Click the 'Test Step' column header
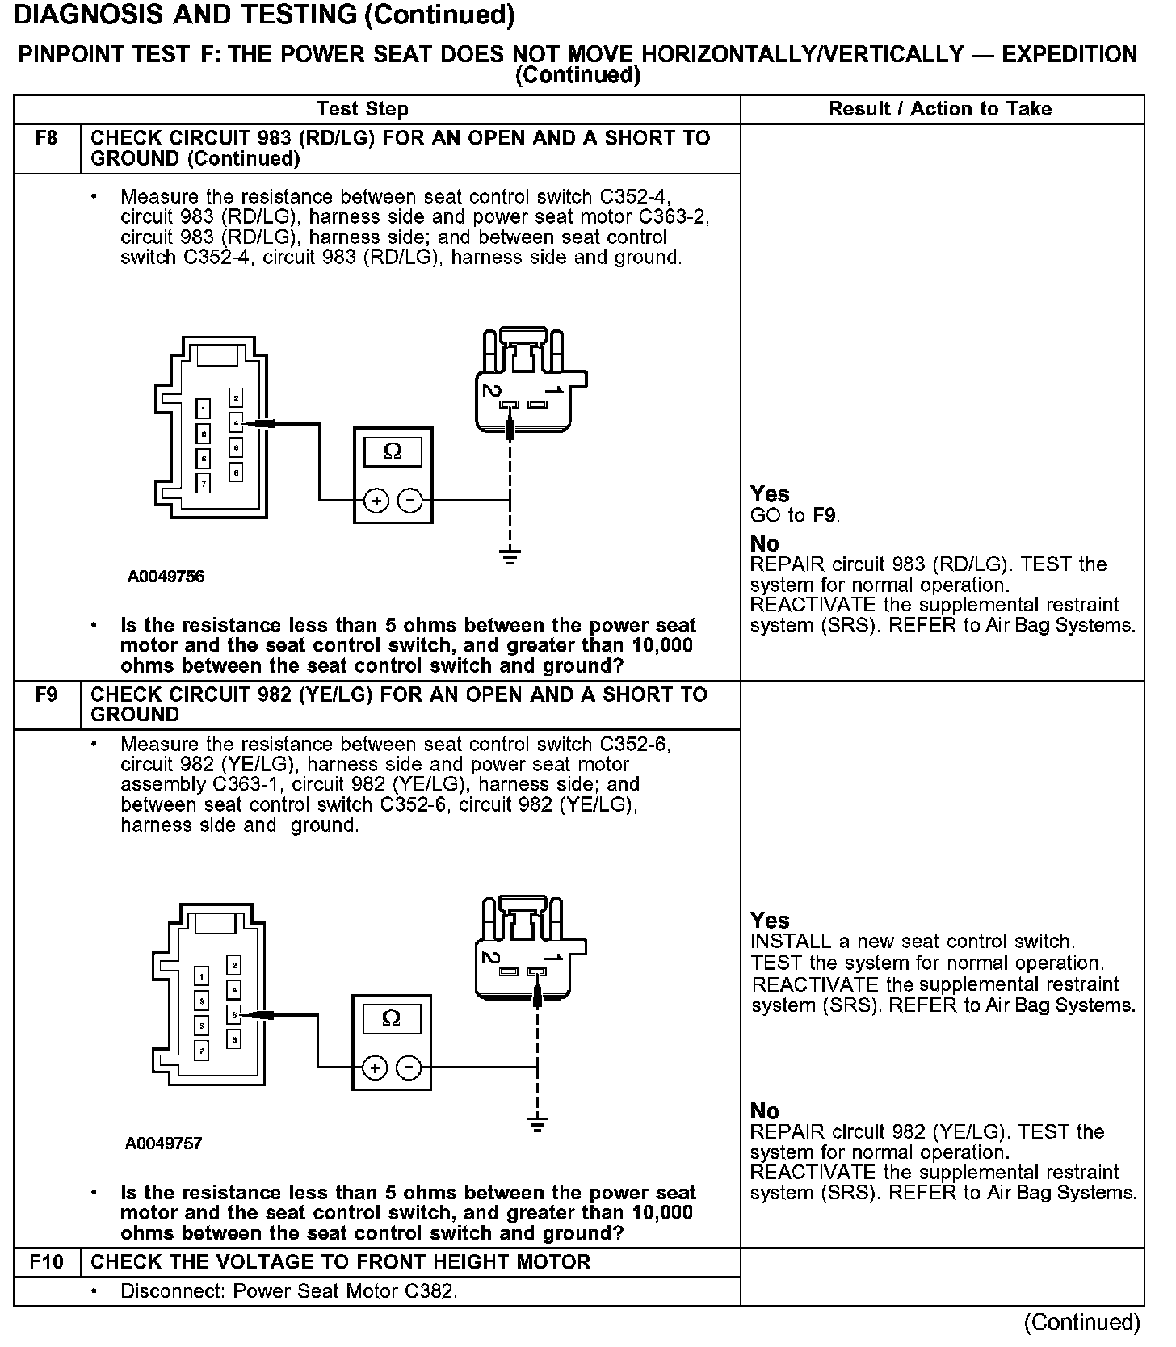pos(362,109)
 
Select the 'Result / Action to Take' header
pos(940,109)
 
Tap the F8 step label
pos(46,138)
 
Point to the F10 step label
pos(46,1261)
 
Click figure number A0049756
pos(166,577)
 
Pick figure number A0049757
pos(164,1143)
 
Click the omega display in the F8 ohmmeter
pos(393,451)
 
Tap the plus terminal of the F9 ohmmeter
pos(374,1068)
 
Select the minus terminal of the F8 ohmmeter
pos(410,501)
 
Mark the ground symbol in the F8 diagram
pos(510,556)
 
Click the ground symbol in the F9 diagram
pos(537,1122)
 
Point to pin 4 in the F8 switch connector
pos(235,422)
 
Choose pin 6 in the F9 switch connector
pos(233,1014)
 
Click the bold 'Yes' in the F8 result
pos(769,493)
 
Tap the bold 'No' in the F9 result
pos(764,1110)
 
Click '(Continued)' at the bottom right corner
pos(1081,1322)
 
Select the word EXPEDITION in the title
pos(1069,55)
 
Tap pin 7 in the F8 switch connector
pos(204,484)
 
